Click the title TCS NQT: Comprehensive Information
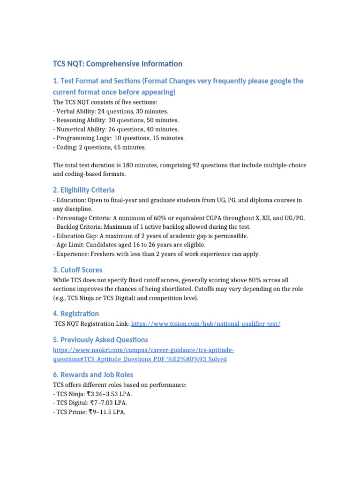tap(118, 64)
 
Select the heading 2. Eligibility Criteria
tap(84, 190)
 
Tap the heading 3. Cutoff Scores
tap(77, 270)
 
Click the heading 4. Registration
tap(76, 314)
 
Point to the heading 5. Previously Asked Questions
tap(100, 340)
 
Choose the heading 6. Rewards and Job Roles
tap(93, 375)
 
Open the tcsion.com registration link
tap(206, 324)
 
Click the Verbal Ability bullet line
tap(111, 111)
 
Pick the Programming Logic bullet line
tap(119, 138)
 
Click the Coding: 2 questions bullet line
tap(99, 147)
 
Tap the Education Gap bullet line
tap(150, 236)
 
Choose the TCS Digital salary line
tap(90, 403)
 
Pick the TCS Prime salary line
tap(89, 412)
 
